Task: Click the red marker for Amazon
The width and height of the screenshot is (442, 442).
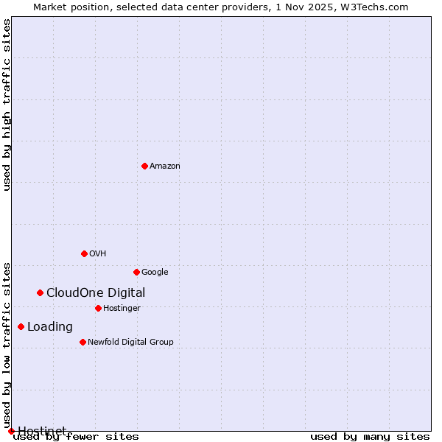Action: pos(144,166)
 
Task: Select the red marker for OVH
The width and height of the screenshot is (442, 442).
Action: pos(84,253)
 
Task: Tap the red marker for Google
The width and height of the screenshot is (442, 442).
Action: pos(136,272)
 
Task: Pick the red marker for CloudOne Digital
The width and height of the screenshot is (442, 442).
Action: pos(40,292)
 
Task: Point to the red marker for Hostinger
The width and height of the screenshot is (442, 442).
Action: pos(98,308)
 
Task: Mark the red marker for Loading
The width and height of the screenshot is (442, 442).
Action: pos(21,326)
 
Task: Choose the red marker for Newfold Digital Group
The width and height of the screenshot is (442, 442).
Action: pos(83,342)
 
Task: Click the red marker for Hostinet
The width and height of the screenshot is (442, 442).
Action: pos(11,431)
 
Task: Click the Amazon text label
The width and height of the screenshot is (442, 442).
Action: pos(165,166)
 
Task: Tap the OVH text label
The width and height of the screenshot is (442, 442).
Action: pos(98,254)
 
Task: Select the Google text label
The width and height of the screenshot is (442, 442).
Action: pos(155,273)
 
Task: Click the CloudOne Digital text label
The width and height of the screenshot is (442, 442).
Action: pos(96,293)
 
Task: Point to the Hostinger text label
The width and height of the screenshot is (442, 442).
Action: pos(122,309)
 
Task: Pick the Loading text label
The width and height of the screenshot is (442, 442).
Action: pos(50,327)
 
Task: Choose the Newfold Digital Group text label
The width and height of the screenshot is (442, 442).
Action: pos(130,343)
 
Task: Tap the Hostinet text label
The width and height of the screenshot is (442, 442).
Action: pos(42,430)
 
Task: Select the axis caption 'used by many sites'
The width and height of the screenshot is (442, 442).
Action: pos(370,437)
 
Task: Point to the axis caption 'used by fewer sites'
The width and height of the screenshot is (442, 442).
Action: pos(77,437)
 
